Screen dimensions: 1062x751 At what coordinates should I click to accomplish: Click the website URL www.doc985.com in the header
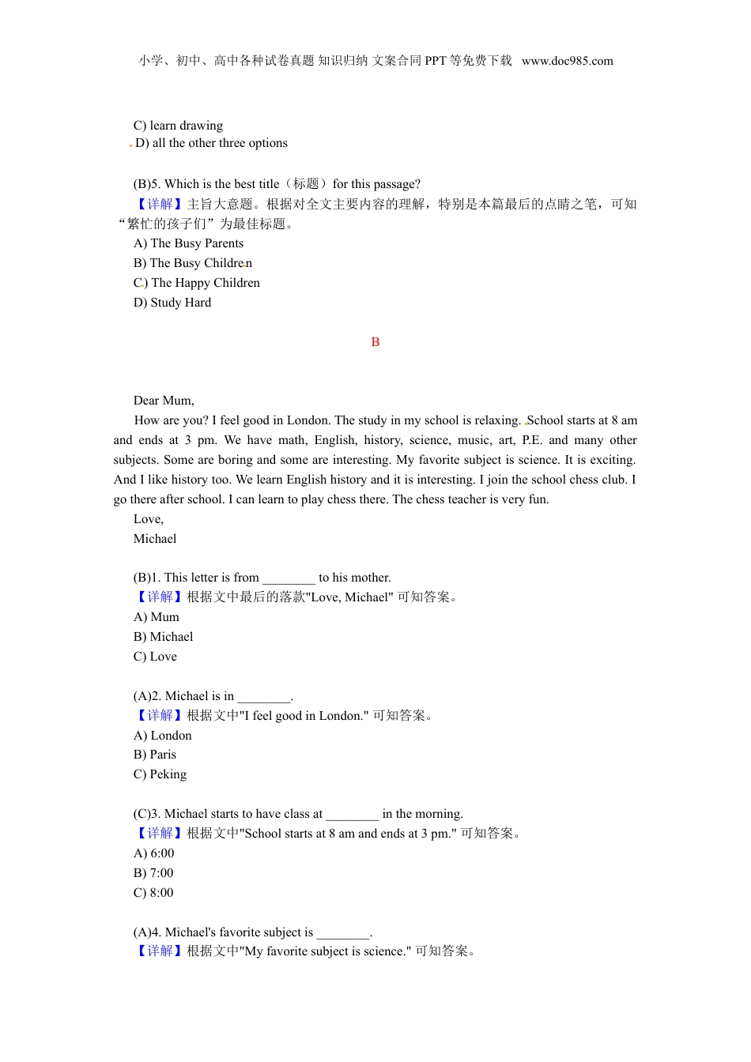567,61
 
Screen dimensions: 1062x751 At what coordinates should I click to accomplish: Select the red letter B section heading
375,342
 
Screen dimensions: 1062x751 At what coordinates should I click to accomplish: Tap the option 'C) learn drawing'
178,126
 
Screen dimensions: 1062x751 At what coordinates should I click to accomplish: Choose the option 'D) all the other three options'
211,143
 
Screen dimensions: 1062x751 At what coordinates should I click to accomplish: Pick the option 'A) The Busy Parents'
188,243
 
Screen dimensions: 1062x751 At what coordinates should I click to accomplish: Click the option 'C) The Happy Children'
196,283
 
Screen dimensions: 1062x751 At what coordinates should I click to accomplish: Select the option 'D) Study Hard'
172,303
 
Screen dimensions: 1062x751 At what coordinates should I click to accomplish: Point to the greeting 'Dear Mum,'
164,401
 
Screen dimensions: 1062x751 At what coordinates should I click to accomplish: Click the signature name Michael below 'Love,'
155,539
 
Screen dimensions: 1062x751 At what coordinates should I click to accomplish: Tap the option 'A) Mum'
157,617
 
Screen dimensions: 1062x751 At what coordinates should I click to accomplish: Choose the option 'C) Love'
155,657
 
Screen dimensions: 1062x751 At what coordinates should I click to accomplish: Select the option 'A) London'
163,736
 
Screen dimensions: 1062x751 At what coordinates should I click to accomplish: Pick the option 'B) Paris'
155,755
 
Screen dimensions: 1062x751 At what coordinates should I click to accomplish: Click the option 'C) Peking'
160,774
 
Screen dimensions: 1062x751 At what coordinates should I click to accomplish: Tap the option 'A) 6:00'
153,853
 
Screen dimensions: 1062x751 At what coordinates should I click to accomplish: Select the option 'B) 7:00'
153,873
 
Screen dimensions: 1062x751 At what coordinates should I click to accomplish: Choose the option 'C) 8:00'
153,893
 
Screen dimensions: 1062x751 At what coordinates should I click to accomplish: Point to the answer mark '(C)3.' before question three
147,814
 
